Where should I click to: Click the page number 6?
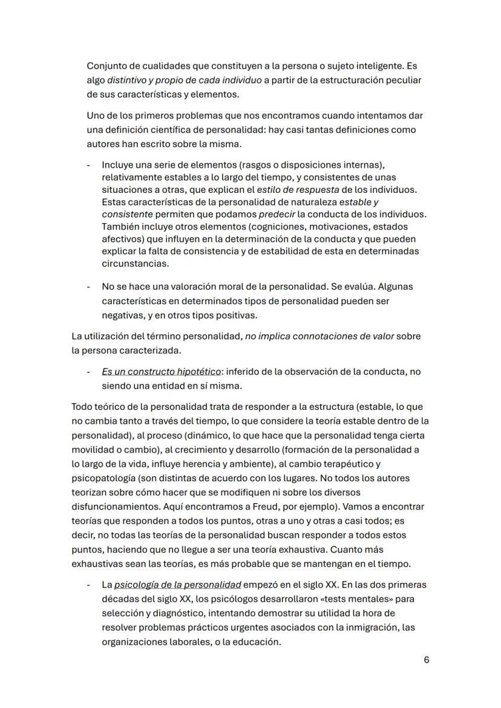(x=427, y=660)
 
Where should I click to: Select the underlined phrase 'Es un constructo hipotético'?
(x=161, y=371)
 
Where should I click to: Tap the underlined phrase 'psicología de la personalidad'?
(x=178, y=585)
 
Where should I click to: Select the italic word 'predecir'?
(x=277, y=215)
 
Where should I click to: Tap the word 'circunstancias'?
(x=136, y=264)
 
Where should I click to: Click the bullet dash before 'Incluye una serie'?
(x=89, y=165)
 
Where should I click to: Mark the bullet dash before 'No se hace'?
(x=89, y=286)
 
